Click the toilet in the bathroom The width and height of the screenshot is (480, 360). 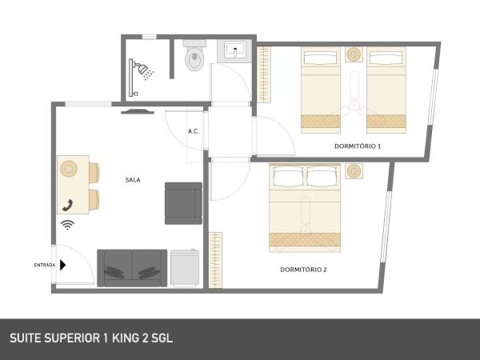click(x=194, y=55)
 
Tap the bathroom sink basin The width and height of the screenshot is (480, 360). click(x=234, y=50)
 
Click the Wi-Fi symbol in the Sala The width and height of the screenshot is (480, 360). click(x=67, y=225)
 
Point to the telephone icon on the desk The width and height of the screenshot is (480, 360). click(x=68, y=205)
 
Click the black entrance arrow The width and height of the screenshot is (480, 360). click(x=62, y=265)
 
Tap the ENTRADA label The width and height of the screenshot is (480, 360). click(x=45, y=265)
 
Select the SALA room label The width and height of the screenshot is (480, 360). click(x=133, y=180)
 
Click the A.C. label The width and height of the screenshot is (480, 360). click(x=194, y=131)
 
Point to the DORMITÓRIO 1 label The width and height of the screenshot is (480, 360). click(x=358, y=146)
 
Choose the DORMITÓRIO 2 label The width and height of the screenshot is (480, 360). click(x=303, y=270)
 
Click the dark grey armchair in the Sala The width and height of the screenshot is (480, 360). click(x=183, y=203)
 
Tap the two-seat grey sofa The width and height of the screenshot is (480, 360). click(x=132, y=268)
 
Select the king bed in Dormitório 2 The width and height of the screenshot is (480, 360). click(x=305, y=208)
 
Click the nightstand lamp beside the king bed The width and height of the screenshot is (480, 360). click(x=354, y=171)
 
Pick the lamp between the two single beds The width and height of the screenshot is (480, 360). click(x=354, y=54)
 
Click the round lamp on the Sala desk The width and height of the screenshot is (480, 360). click(x=69, y=168)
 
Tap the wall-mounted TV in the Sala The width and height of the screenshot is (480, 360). click(x=138, y=112)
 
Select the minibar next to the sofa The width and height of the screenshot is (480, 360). click(x=185, y=269)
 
